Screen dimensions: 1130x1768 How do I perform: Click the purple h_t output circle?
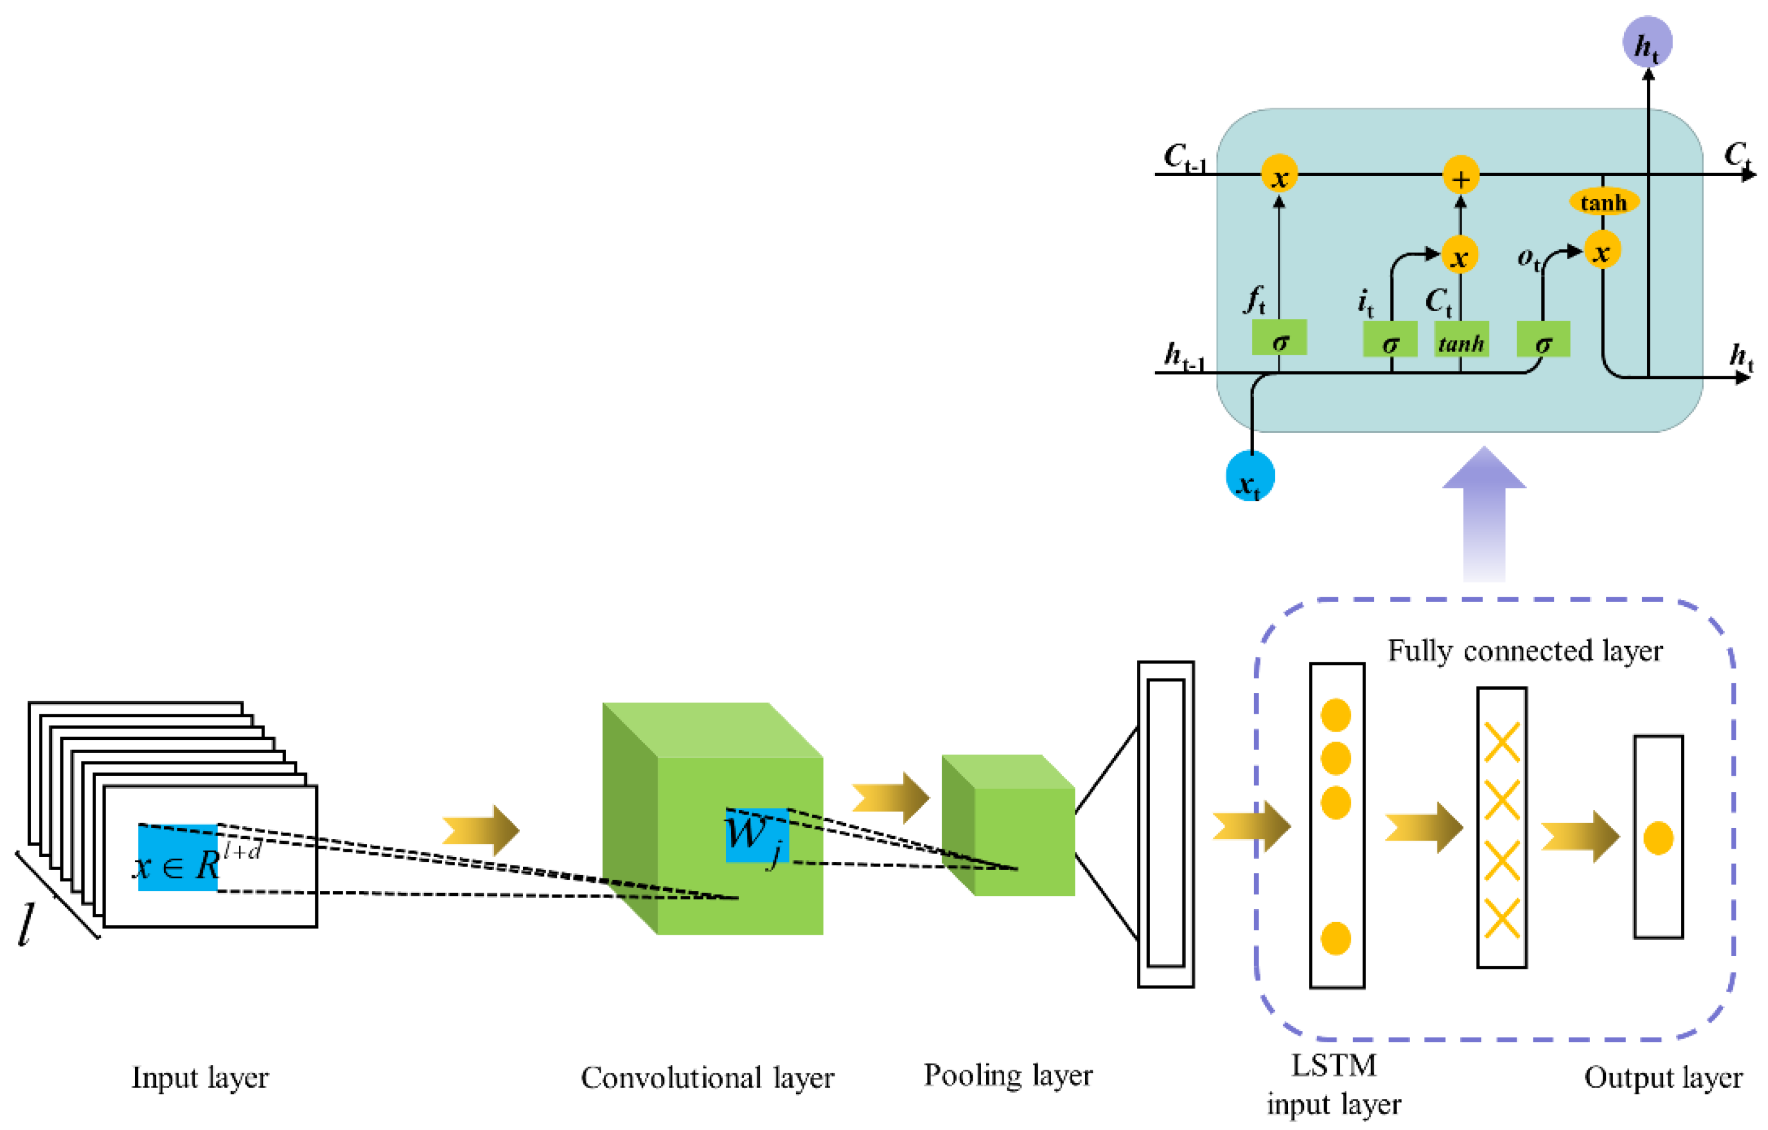pyautogui.click(x=1647, y=42)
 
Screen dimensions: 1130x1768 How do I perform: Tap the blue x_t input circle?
pyautogui.click(x=1250, y=476)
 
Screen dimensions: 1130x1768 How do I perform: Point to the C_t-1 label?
pyautogui.click(x=1183, y=157)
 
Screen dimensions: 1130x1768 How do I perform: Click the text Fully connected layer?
pyautogui.click(x=1524, y=650)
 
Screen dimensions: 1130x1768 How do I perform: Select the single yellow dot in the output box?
pyautogui.click(x=1658, y=838)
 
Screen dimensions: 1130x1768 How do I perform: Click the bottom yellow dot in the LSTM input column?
pyautogui.click(x=1336, y=938)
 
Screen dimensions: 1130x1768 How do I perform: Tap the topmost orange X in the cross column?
pyautogui.click(x=1502, y=742)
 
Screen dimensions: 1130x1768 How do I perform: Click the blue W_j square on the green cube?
pyautogui.click(x=757, y=836)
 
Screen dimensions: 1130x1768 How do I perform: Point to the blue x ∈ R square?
pyautogui.click(x=178, y=858)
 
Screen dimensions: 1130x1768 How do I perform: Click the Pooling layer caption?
pyautogui.click(x=1007, y=1075)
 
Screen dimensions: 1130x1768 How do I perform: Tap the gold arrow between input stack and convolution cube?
pyautogui.click(x=481, y=830)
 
